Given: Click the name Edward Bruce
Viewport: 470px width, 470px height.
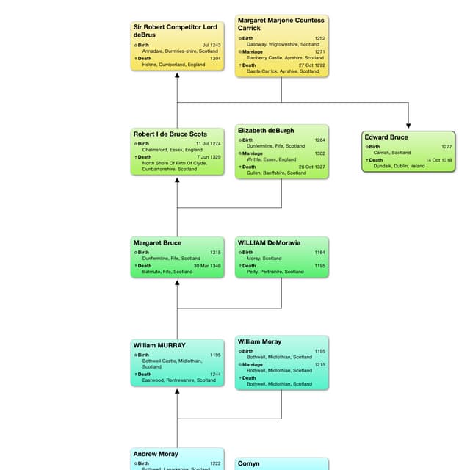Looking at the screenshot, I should click(x=386, y=137).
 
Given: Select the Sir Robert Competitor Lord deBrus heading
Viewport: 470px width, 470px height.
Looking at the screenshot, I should click(x=176, y=31).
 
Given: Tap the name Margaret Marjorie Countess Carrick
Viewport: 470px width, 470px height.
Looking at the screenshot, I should click(x=281, y=24).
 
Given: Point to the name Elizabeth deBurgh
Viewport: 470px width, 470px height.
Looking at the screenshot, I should click(x=266, y=131).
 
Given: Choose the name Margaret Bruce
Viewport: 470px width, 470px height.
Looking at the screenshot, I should click(x=157, y=243).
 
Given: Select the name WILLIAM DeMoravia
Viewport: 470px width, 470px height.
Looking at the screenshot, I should click(x=269, y=243).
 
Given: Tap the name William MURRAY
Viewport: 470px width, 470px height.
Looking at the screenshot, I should click(x=159, y=345).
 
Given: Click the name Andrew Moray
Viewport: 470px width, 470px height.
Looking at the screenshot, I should click(x=156, y=454).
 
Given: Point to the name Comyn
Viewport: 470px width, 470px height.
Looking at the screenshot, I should click(x=249, y=463).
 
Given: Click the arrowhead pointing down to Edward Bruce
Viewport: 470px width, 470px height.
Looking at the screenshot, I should click(x=408, y=126).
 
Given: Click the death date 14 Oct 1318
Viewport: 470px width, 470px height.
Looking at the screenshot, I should click(x=439, y=160).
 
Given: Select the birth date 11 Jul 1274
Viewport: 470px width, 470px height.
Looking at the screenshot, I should click(x=208, y=144).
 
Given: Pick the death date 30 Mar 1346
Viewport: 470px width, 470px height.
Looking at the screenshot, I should click(x=206, y=266).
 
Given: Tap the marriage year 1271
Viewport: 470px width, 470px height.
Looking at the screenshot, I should click(x=320, y=52).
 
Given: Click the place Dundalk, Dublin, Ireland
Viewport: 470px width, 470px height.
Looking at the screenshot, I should click(x=399, y=166).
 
